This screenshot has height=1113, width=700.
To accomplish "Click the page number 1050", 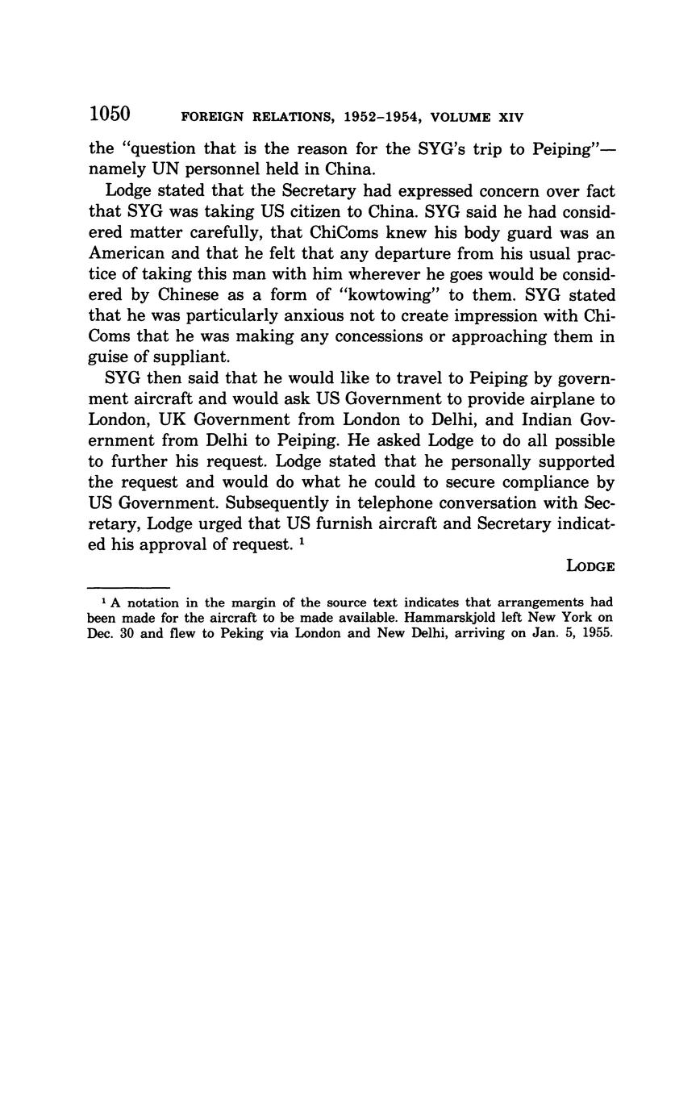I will coord(110,115).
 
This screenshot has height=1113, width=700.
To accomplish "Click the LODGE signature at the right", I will coord(591,566).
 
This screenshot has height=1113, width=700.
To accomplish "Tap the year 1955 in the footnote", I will coord(598,633).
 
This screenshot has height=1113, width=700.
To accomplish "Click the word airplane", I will coord(561,399).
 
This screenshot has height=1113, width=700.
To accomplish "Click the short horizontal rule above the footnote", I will coord(128,588).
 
